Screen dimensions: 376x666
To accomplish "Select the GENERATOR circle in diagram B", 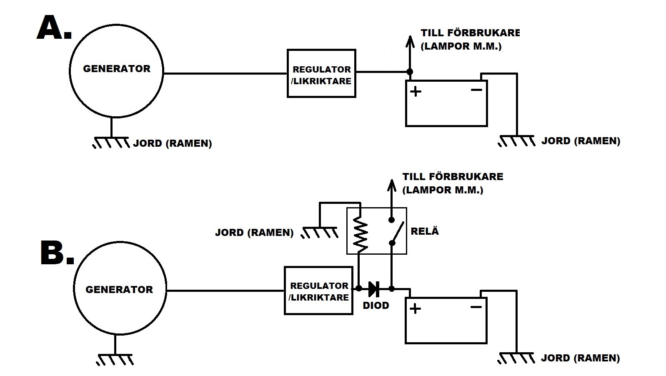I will [x=119, y=288].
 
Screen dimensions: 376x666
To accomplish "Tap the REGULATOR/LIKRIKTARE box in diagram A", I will [x=321, y=74].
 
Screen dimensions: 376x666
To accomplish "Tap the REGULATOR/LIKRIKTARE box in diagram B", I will [x=318, y=291].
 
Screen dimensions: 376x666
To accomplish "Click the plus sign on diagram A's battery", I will [x=416, y=91].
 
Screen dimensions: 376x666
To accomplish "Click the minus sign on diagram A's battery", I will [x=476, y=90].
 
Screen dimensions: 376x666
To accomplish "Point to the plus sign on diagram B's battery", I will [x=415, y=308].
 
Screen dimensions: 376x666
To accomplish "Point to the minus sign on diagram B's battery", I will [x=476, y=307].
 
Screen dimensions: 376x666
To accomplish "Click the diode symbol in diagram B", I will [x=374, y=288].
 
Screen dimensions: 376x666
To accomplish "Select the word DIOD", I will [x=376, y=306].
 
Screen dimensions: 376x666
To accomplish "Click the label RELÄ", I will [x=425, y=231].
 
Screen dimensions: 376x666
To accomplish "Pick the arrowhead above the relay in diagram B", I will [x=391, y=185].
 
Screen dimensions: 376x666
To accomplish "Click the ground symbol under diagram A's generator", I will [x=111, y=142].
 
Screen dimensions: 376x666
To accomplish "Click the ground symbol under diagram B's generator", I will [x=115, y=359].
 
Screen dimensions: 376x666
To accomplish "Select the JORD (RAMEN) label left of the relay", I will [x=254, y=233].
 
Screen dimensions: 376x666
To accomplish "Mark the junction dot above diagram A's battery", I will [x=410, y=72].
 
